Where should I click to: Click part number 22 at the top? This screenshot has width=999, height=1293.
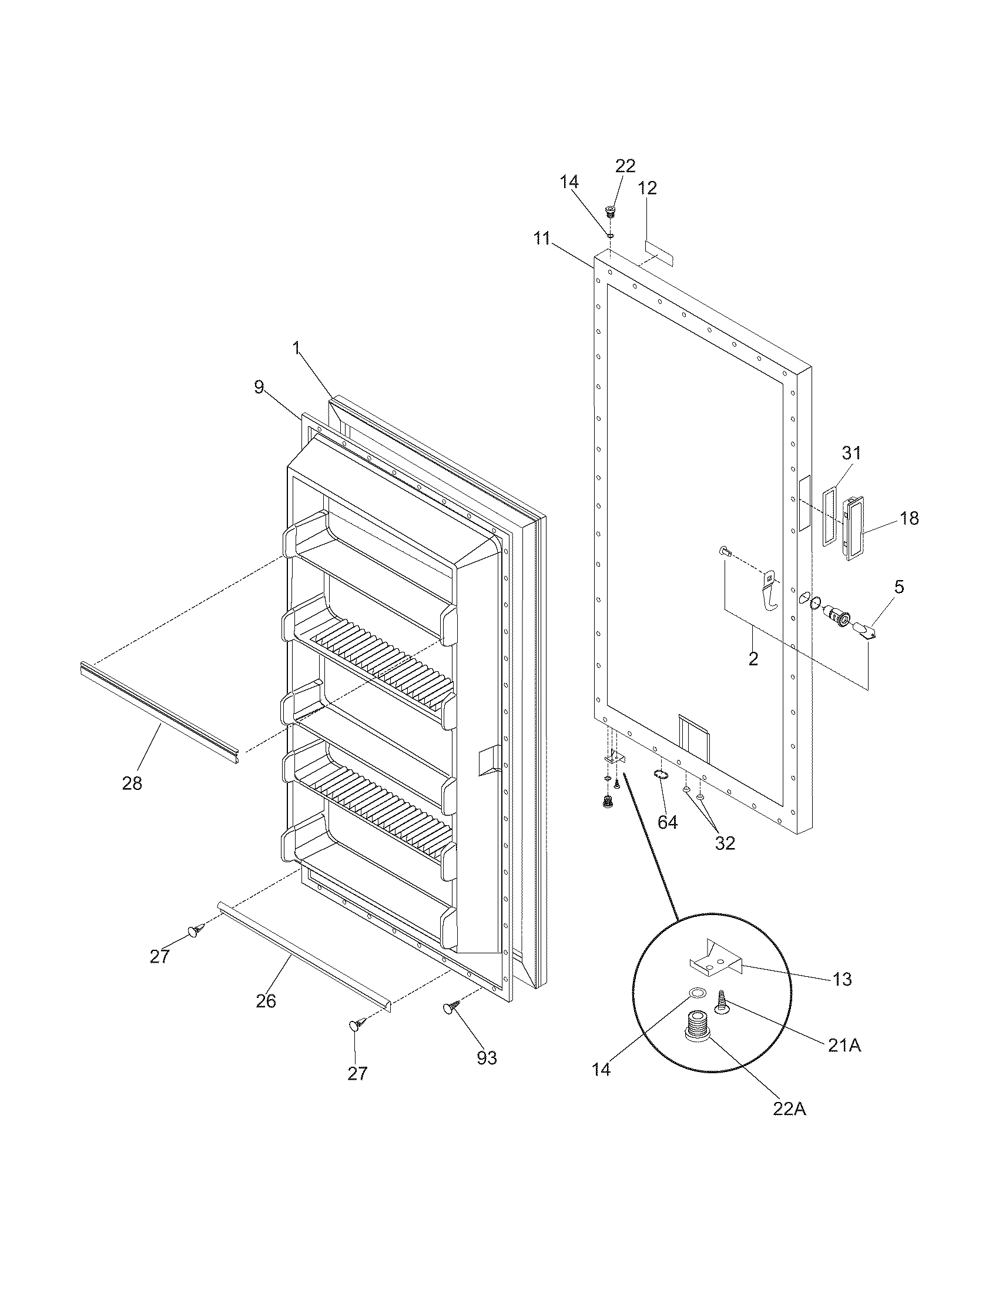coord(625,166)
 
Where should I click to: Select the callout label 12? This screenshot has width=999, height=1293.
coord(648,188)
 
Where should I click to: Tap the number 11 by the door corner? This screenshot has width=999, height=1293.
coord(542,239)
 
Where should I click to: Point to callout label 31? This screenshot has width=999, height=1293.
coord(852,454)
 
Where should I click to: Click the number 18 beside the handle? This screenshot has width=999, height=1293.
coord(909,518)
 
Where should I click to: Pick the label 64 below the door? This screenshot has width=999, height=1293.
coord(668,822)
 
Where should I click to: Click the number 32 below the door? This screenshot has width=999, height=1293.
coord(725,843)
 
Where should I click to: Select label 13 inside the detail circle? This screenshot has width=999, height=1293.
coord(842,980)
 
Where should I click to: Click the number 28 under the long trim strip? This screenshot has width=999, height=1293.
coord(132,783)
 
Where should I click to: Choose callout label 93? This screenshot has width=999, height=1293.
coord(487,1058)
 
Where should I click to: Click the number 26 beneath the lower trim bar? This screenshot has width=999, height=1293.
coord(266,1001)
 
